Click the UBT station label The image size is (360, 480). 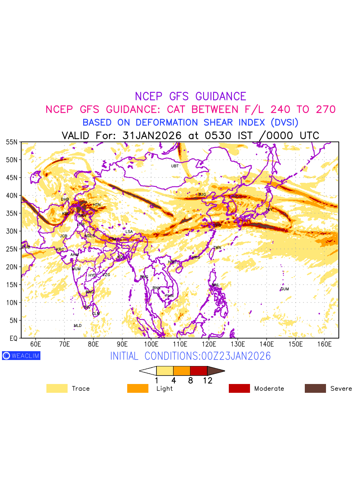(175, 166)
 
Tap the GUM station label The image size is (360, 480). (284, 289)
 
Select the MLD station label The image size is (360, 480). (78, 326)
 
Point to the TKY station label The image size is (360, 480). (269, 210)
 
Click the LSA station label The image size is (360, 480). (129, 232)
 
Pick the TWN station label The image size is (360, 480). (217, 248)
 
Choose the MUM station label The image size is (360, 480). (76, 269)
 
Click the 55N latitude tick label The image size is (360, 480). (11, 142)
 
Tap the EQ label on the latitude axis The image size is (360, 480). (13, 338)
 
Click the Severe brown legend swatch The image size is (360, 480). (315, 388)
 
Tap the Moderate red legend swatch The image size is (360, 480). (239, 388)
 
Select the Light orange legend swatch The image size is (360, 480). (138, 388)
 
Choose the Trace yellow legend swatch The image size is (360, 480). (57, 388)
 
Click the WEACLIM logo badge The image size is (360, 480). (21, 356)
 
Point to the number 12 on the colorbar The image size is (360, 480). (207, 381)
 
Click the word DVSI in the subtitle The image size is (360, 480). (284, 122)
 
